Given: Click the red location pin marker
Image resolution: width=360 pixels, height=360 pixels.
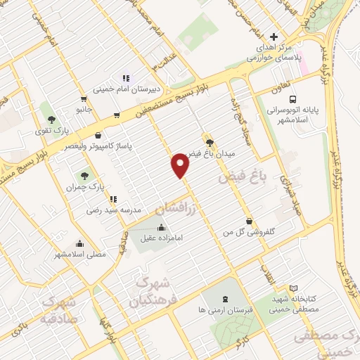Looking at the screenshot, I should point(181,165).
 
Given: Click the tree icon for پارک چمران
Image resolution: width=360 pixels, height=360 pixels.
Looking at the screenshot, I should point(85,176).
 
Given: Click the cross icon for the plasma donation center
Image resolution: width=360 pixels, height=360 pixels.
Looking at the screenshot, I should point(274,37).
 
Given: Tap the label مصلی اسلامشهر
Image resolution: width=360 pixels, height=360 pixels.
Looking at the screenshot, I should point(80,253).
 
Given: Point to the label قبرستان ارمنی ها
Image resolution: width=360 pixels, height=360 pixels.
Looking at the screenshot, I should point(225,310).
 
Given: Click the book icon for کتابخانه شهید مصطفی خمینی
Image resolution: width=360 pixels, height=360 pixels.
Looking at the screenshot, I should point(293,288).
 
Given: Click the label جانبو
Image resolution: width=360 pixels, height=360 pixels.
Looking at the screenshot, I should point(84,110).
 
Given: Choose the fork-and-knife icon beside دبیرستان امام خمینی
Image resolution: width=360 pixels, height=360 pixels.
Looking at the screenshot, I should point(127,77).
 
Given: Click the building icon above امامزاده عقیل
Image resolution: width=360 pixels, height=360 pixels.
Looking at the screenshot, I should point(162,226).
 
